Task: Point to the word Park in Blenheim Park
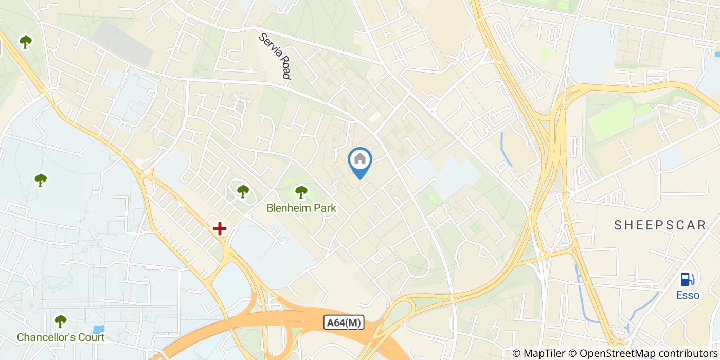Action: (326, 208)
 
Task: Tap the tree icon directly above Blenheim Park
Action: (301, 192)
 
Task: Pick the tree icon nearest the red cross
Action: (243, 191)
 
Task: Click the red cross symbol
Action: (220, 228)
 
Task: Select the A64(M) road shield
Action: (344, 323)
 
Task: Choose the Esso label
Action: (688, 296)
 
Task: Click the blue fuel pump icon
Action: (688, 279)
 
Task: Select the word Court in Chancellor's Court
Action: (91, 338)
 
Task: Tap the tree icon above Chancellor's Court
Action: (61, 321)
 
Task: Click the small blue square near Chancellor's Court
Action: (98, 329)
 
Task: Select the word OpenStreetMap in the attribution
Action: (610, 353)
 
